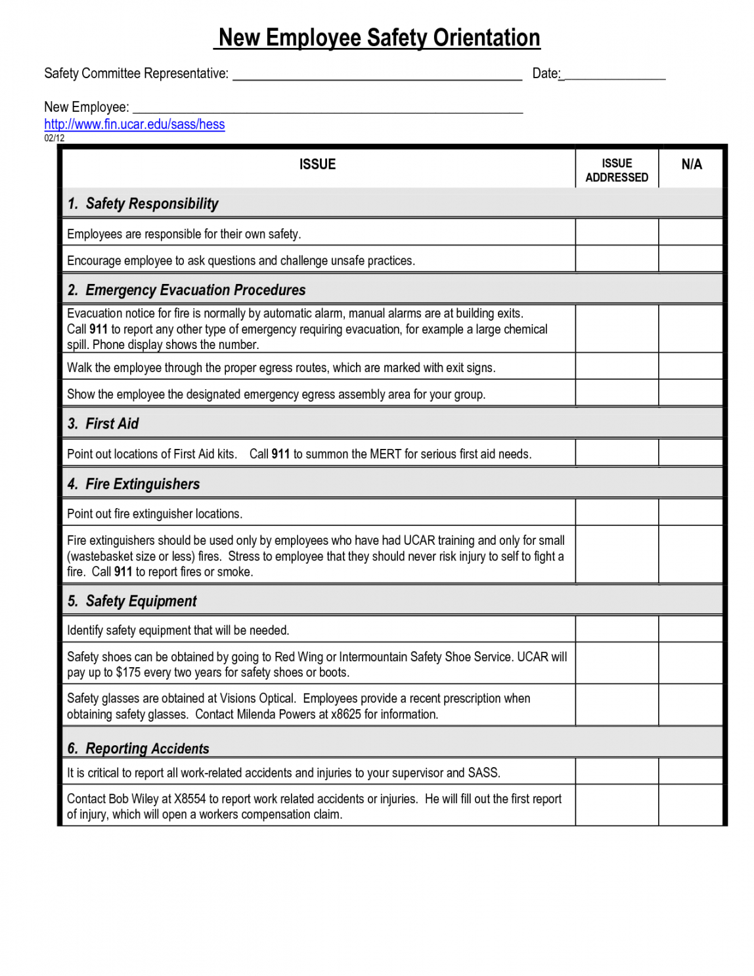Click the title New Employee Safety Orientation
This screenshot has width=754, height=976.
pyautogui.click(x=379, y=38)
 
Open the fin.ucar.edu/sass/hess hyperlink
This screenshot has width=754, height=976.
pyautogui.click(x=134, y=124)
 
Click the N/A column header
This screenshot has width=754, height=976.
pyautogui.click(x=691, y=164)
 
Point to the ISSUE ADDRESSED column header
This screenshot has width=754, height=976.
pyautogui.click(x=616, y=170)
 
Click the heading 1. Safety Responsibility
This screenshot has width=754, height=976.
pyautogui.click(x=143, y=204)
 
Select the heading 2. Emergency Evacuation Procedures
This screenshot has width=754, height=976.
pyautogui.click(x=187, y=290)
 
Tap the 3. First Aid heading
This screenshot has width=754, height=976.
pyautogui.click(x=103, y=424)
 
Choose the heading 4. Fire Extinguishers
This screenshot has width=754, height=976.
pyautogui.click(x=133, y=484)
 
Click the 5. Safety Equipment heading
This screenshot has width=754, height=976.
pyautogui.click(x=132, y=601)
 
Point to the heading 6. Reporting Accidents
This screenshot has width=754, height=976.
pyautogui.click(x=138, y=749)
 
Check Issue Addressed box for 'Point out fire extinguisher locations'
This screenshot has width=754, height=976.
pyautogui.click(x=616, y=513)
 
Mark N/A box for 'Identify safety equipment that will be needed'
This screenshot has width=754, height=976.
pyautogui.click(x=690, y=630)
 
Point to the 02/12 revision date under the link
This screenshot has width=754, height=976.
pyautogui.click(x=55, y=138)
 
